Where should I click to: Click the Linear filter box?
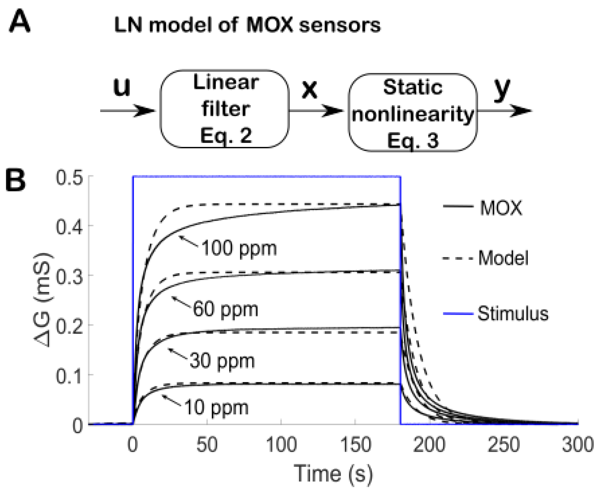coord(225,109)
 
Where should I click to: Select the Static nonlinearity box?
coord(413,113)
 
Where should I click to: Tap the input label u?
coord(122,87)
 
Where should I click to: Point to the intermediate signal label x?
coord(309,89)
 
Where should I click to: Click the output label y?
coord(502,89)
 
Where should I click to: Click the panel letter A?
coord(19,21)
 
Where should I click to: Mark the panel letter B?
coord(15,181)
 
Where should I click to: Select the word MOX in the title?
coord(269,25)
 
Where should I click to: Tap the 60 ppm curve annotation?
coord(225,309)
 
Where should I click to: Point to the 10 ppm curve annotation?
coord(216,407)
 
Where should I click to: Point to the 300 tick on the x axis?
coord(578,444)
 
